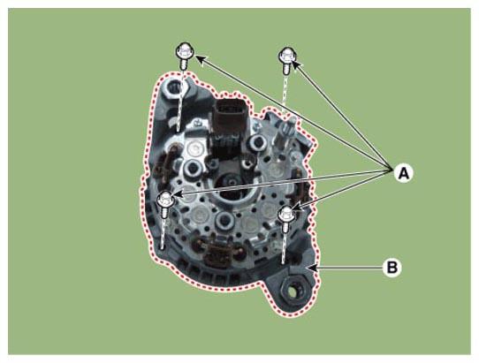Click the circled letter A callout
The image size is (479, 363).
[404, 173]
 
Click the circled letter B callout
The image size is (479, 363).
[392, 268]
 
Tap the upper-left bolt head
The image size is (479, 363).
[185, 50]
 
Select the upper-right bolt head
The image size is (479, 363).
[287, 56]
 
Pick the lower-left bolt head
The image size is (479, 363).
[165, 200]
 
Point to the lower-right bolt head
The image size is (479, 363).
[286, 214]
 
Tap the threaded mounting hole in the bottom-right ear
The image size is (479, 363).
[292, 291]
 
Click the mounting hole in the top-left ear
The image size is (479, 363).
[175, 88]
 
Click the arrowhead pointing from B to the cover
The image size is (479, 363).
[313, 268]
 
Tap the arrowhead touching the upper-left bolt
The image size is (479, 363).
[199, 59]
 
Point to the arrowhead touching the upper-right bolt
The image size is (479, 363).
[297, 64]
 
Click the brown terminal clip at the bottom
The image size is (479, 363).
[217, 253]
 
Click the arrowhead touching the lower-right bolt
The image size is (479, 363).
[298, 207]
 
